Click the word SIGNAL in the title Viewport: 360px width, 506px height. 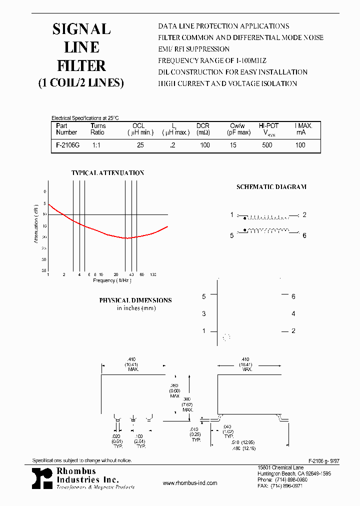click(81, 29)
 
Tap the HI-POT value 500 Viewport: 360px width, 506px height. click(267, 145)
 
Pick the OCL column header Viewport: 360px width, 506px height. click(138, 126)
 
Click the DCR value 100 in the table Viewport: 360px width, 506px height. click(204, 145)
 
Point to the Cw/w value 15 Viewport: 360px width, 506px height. click(233, 145)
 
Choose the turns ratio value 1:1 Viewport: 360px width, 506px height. click(96, 145)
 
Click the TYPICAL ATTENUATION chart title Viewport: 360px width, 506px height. click(107, 173)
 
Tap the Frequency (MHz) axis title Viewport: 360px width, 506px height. click(112, 280)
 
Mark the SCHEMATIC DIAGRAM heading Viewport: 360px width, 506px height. click(271, 187)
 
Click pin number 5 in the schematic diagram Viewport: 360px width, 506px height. click(232, 235)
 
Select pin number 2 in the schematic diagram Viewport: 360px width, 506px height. click(304, 215)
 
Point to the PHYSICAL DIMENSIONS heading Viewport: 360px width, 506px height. click(135, 300)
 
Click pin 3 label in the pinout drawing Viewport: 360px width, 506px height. click(204, 314)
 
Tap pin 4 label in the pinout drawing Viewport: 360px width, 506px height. click(293, 314)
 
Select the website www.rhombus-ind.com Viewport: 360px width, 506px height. click(190, 483)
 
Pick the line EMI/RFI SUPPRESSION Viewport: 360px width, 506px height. click(194, 49)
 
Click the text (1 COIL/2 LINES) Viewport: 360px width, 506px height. click(81, 83)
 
